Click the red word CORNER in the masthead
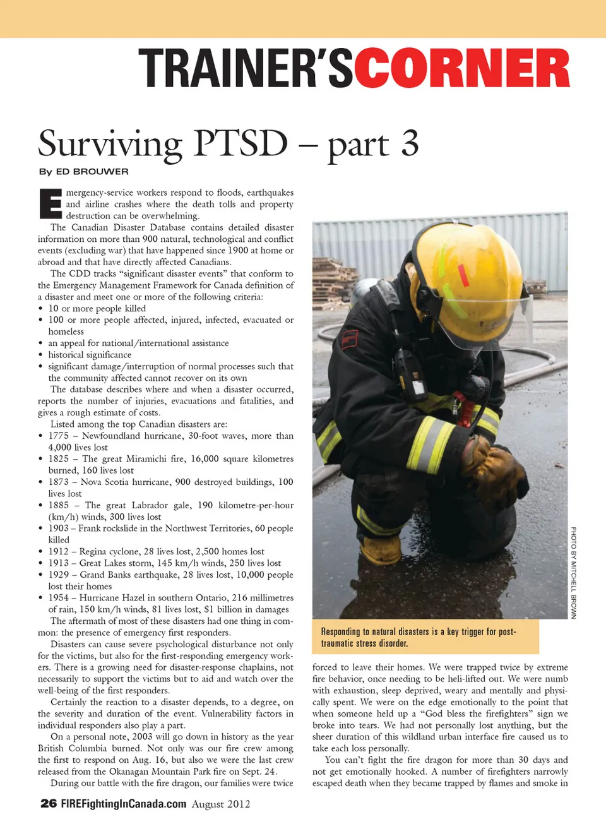coord(461,68)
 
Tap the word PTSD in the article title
coord(241,143)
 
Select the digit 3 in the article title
coord(410,143)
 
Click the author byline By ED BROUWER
coord(83,172)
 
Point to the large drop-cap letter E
coord(50,203)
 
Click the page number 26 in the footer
coord(48,803)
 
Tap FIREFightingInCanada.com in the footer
coord(124,804)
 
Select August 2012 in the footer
coord(221,804)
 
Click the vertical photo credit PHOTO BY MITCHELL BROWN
coord(573,572)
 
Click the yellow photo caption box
coord(425,637)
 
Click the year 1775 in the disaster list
coord(59,436)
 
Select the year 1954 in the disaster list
coord(59,597)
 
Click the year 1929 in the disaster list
coord(59,575)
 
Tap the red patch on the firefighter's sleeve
coord(350,339)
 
